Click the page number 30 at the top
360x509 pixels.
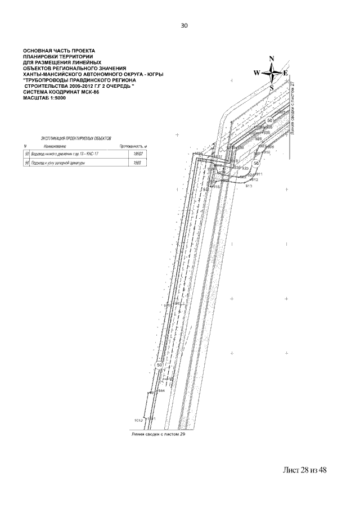(184, 25)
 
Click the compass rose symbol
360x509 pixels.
(271, 73)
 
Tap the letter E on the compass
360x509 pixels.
(285, 73)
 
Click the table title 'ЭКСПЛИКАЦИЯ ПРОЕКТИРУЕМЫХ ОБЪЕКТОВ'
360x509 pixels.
(76, 137)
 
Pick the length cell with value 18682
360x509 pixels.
(134, 153)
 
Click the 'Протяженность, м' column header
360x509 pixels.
(133, 145)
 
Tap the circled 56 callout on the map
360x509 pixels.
(256, 163)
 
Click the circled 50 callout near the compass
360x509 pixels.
(270, 121)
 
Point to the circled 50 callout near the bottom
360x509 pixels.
(159, 365)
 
